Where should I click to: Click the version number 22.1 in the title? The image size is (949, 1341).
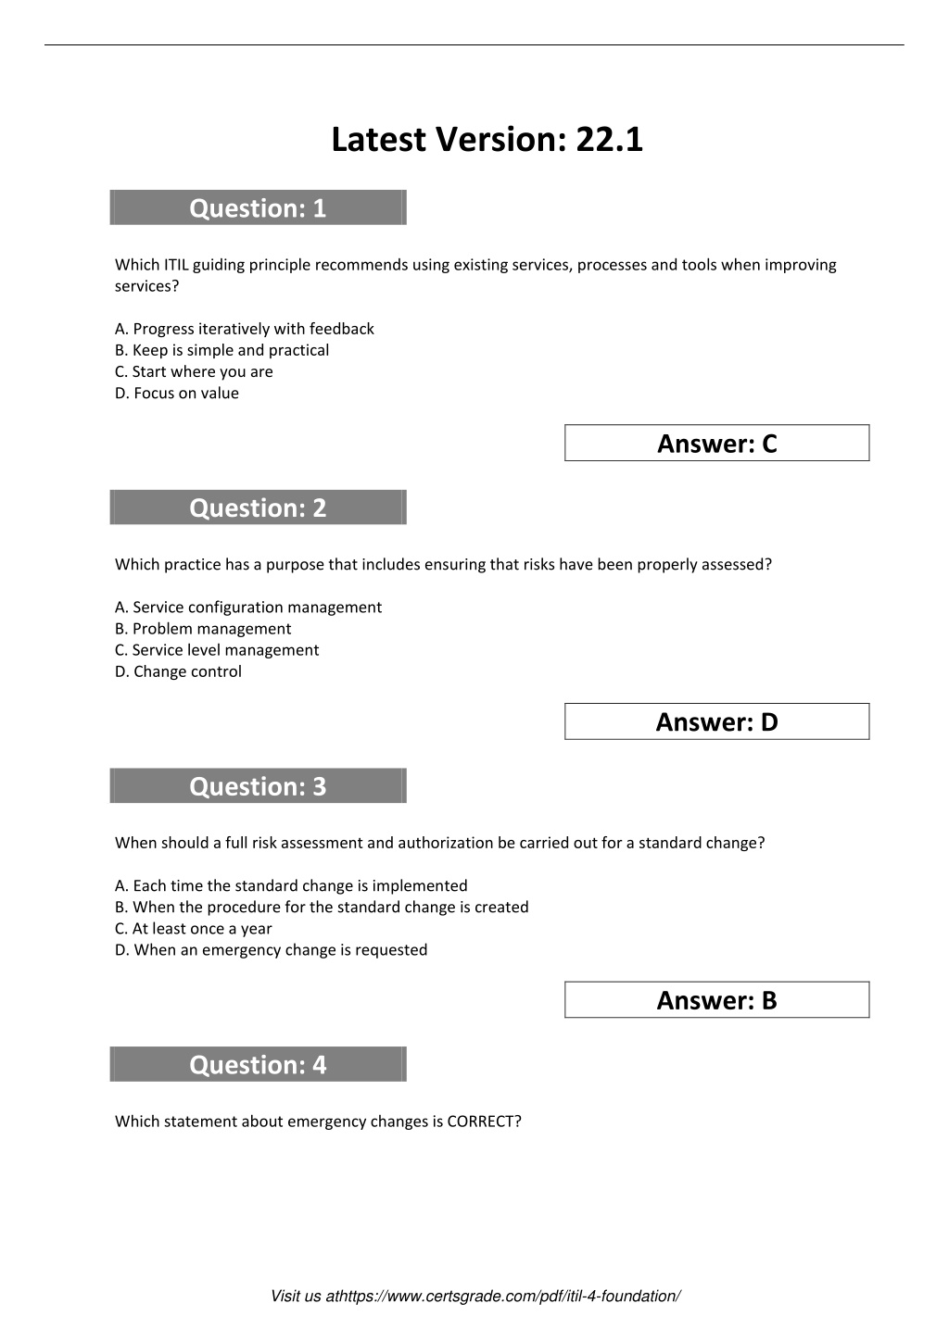[x=609, y=140]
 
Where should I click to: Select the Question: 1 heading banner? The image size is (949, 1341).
[x=258, y=207]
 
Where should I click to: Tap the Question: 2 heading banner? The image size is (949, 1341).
[x=258, y=508]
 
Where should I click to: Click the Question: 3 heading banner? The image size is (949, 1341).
[x=258, y=786]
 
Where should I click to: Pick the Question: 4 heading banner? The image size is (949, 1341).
[x=258, y=1064]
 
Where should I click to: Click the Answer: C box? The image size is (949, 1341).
[x=716, y=444]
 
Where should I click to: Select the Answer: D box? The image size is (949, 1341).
[x=716, y=722]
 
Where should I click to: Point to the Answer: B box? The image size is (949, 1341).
[x=716, y=1000]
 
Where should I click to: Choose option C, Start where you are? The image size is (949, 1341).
[x=194, y=371]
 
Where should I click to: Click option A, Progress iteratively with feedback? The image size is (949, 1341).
[x=245, y=329]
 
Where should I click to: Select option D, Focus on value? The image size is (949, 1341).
[x=177, y=393]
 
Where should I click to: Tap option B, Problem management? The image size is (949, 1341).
[x=203, y=629]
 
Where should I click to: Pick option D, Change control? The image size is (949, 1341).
[x=178, y=671]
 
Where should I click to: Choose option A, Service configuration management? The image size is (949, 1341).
[x=248, y=608]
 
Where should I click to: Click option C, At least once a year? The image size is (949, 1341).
[x=194, y=928]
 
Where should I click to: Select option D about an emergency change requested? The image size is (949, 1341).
[x=272, y=949]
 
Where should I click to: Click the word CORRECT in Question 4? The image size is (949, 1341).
[x=481, y=1122]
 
